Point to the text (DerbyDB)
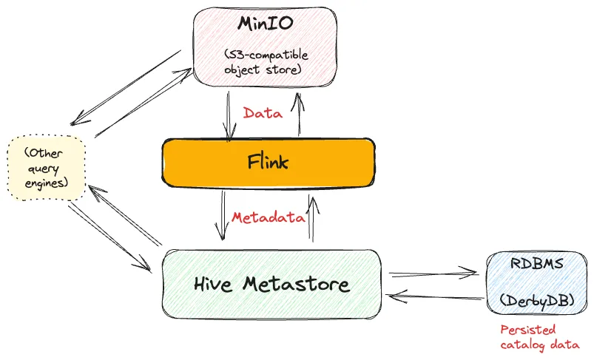(x=538, y=301)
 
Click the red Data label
(x=263, y=113)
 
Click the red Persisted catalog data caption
(x=539, y=337)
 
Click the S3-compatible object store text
(x=264, y=64)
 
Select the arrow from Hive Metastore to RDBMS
(x=433, y=273)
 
